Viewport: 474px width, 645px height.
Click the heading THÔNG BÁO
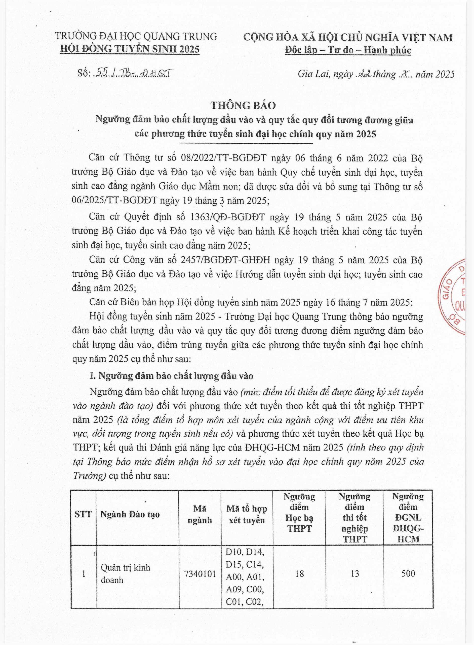click(x=243, y=105)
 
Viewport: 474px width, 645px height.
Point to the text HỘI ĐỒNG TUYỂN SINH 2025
click(x=129, y=49)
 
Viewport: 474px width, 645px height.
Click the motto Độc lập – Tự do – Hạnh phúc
click(x=348, y=50)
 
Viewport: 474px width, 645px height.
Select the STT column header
click(x=83, y=514)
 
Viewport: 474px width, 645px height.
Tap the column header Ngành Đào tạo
click(x=130, y=514)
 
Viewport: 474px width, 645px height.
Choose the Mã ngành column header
click(x=200, y=514)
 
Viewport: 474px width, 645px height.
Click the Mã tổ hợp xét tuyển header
click(x=247, y=514)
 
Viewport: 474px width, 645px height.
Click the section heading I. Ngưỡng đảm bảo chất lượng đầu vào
click(x=171, y=376)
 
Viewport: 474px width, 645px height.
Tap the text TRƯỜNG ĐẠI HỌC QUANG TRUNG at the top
click(x=136, y=36)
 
